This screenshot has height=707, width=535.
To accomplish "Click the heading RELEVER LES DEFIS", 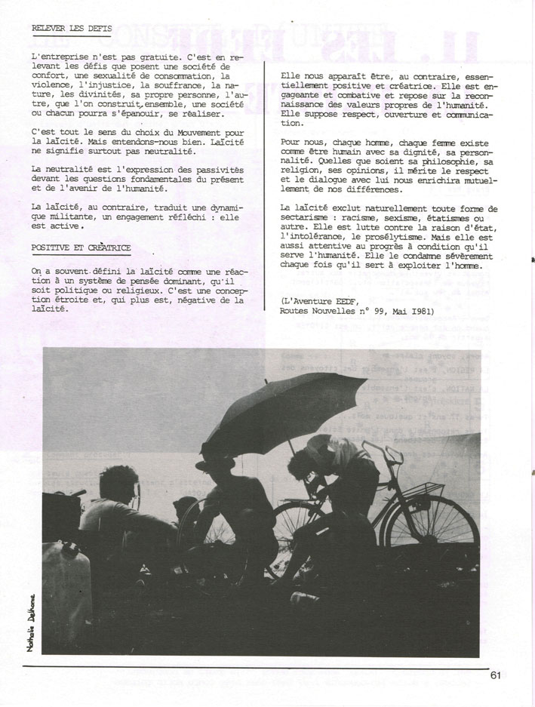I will [72, 29].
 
